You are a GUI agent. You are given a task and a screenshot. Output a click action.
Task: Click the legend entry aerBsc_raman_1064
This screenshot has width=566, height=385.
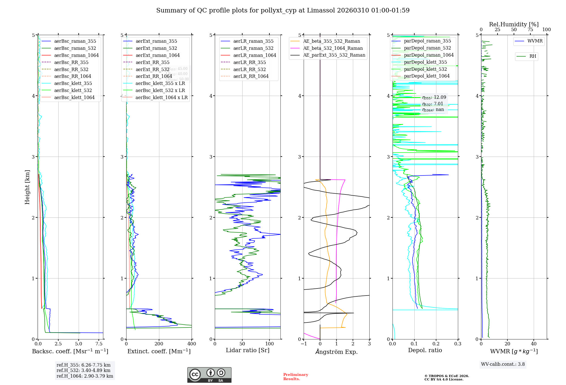[76, 55]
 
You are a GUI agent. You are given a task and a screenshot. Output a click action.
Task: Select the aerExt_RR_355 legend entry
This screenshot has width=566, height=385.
[152, 62]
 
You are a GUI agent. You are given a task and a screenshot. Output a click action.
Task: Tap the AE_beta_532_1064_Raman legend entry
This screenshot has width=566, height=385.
[333, 48]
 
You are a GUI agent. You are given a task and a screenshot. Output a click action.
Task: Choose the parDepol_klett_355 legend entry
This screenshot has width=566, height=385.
[425, 62]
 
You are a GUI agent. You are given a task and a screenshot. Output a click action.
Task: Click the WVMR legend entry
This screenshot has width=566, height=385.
[535, 41]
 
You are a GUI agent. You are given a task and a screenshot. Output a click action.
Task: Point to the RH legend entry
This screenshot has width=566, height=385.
[532, 56]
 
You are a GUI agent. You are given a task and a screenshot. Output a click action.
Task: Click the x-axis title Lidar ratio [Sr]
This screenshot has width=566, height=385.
[247, 350]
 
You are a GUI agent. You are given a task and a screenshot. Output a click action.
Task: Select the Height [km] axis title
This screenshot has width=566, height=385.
[27, 187]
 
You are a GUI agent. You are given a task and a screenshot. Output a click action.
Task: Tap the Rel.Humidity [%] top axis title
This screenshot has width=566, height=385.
[514, 24]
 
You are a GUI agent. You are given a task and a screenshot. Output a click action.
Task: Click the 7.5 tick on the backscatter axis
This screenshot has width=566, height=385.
[99, 344]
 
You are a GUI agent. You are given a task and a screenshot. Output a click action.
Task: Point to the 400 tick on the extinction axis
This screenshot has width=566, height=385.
[192, 344]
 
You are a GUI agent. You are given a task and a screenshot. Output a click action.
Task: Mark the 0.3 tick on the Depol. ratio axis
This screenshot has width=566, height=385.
[458, 344]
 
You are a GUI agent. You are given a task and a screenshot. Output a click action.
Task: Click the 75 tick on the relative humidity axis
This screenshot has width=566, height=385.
[530, 30]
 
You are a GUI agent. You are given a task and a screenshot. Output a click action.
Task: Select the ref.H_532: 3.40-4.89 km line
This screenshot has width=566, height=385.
[83, 370]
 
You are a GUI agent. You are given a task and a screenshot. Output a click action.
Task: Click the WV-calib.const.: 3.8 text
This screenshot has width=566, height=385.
[503, 364]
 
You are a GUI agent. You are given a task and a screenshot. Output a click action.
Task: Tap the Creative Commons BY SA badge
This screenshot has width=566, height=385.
[209, 375]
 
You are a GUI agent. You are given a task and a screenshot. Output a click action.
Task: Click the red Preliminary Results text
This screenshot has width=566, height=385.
[295, 377]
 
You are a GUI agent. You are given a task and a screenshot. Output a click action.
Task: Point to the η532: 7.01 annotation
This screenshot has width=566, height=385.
[432, 104]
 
